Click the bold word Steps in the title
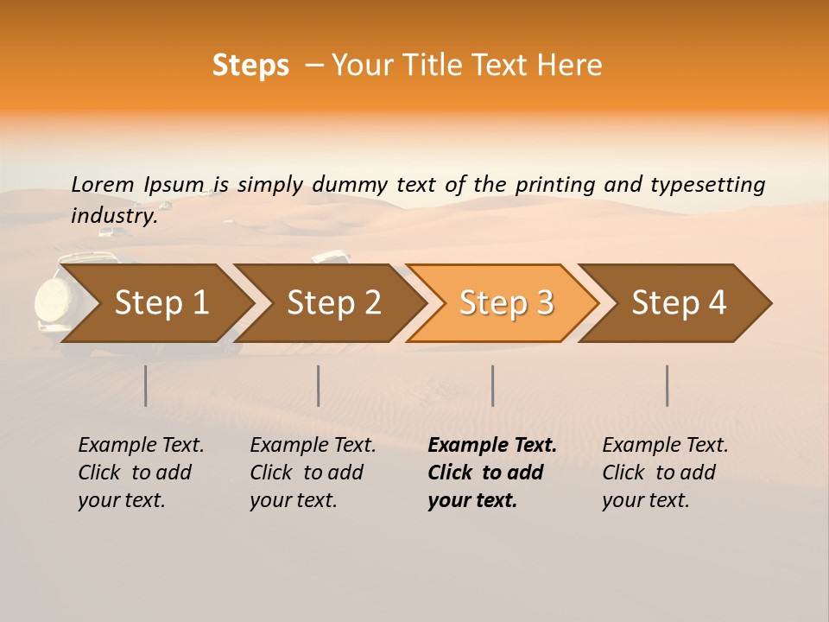point(250,66)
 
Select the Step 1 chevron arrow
point(155,303)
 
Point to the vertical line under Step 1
point(146,385)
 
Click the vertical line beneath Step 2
point(319,385)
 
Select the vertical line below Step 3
point(492,385)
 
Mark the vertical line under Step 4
point(667,385)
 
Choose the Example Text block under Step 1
point(141,473)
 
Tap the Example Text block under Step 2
point(313,473)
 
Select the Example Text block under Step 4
point(665,473)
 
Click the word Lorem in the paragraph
point(103,184)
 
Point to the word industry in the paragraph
point(113,215)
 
